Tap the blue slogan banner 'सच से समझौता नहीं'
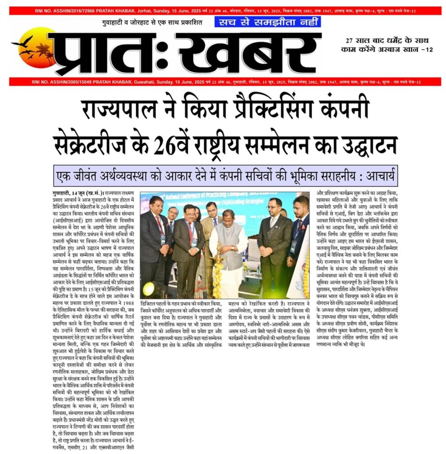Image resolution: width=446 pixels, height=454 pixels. coord(267,22)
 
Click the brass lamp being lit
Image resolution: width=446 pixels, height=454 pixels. coord(218,257)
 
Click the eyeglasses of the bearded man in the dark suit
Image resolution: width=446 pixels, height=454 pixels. coord(274,207)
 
